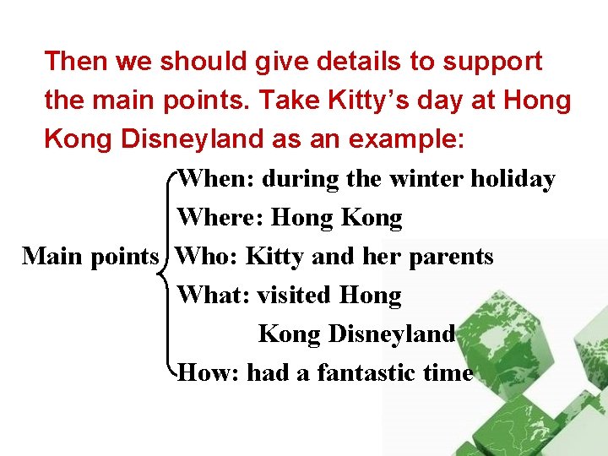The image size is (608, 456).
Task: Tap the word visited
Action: tap(295, 295)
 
